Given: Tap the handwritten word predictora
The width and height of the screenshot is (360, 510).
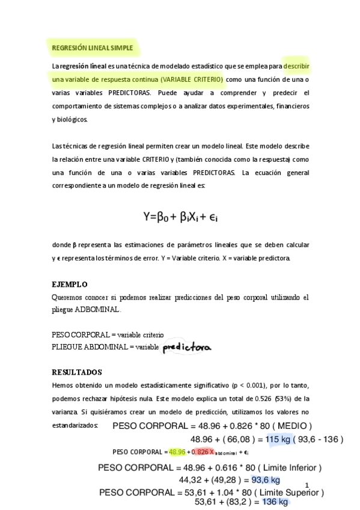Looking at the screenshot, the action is (188, 347).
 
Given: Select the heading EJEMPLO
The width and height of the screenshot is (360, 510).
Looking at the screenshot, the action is (70, 284).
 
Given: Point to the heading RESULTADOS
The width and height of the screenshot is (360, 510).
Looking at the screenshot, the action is (77, 372).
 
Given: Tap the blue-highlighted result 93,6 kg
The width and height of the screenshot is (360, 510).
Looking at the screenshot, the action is (266, 480).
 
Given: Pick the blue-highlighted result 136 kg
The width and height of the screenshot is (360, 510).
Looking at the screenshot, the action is (275, 502).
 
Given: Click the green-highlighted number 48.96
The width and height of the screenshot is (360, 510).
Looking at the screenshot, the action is (177, 452).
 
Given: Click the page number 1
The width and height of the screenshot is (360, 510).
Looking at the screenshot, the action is (307, 486).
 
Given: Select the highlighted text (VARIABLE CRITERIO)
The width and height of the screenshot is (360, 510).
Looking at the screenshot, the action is (186, 79).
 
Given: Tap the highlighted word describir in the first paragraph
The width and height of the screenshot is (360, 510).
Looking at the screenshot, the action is (296, 66).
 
